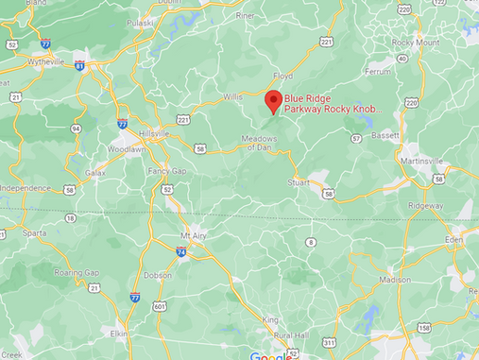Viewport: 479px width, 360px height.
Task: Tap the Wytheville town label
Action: click(44, 61)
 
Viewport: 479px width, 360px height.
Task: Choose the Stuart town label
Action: click(299, 182)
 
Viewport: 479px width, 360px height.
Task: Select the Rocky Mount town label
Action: click(416, 43)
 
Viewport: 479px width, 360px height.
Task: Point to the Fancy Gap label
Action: click(168, 171)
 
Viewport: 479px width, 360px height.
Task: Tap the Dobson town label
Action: click(157, 275)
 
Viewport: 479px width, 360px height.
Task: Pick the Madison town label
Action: click(394, 280)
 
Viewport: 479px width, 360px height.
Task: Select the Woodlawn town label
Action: click(126, 149)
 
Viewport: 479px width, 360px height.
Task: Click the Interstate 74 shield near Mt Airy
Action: click(180, 251)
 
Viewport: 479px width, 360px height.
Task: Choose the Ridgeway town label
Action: click(425, 205)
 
